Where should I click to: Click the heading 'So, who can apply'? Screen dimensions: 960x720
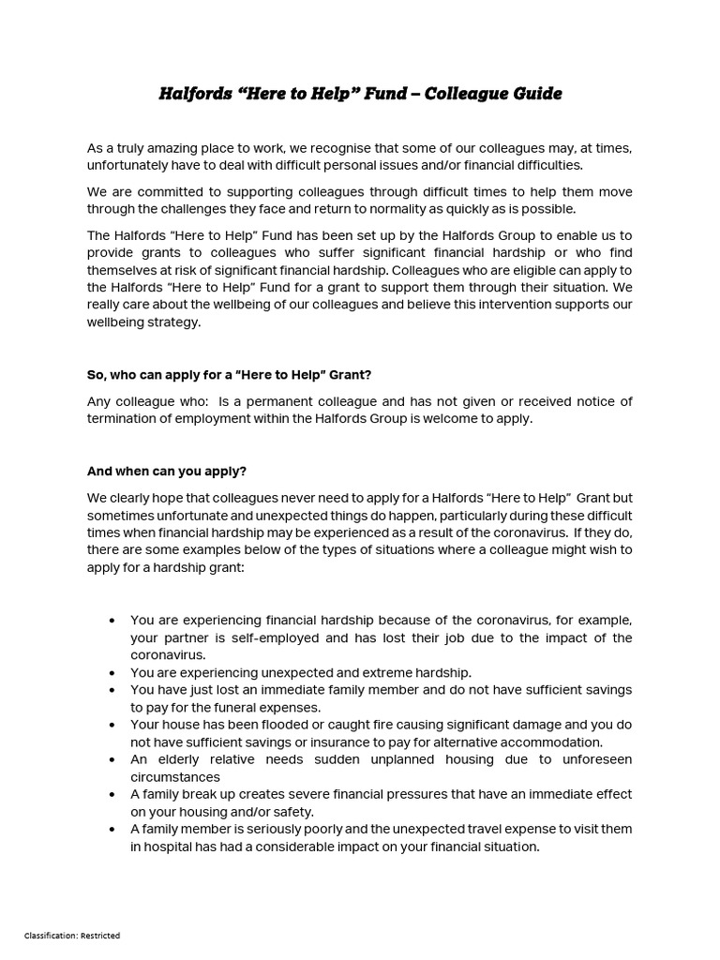click(230, 374)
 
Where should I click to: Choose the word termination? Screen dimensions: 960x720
click(127, 418)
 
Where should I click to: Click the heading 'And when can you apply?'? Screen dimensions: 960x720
click(167, 471)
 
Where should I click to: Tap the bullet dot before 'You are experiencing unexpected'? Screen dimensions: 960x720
click(112, 673)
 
